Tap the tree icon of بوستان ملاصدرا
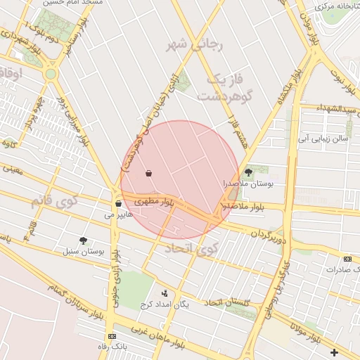247,172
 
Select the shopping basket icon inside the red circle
148,173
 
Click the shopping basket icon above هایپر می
118,204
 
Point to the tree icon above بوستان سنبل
83,240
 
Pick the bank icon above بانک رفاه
111,336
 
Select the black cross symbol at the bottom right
334,352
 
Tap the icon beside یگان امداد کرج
165,293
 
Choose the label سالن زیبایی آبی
323,139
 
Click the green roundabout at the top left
50,74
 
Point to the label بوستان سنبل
83,251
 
